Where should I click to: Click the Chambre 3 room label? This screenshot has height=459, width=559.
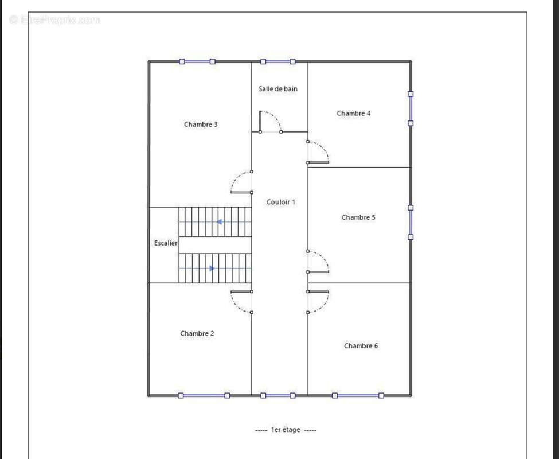click(x=201, y=125)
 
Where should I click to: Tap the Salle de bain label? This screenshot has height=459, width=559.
click(x=278, y=89)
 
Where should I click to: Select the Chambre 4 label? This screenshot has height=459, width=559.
click(x=353, y=114)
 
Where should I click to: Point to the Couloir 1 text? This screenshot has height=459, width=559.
click(x=281, y=202)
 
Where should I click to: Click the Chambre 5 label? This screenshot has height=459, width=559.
click(x=358, y=217)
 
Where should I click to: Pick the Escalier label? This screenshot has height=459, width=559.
click(x=166, y=243)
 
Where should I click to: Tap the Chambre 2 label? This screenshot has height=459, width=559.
click(x=197, y=333)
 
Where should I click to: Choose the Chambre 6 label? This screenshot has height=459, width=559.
click(x=361, y=346)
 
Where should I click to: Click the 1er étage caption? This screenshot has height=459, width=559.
click(x=286, y=430)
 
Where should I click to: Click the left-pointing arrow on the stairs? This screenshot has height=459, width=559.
click(x=219, y=222)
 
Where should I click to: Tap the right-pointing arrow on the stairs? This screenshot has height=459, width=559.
click(x=212, y=268)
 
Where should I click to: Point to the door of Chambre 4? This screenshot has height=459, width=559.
click(x=318, y=153)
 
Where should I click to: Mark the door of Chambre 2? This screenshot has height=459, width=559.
click(x=241, y=302)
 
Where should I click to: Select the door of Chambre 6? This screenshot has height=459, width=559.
click(x=318, y=302)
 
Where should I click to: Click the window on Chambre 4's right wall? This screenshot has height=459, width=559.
click(x=411, y=108)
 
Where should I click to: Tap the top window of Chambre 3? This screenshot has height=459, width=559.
click(x=197, y=61)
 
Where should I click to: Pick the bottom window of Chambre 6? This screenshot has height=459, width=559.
click(x=358, y=395)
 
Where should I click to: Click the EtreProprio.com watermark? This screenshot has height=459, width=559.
click(x=55, y=20)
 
